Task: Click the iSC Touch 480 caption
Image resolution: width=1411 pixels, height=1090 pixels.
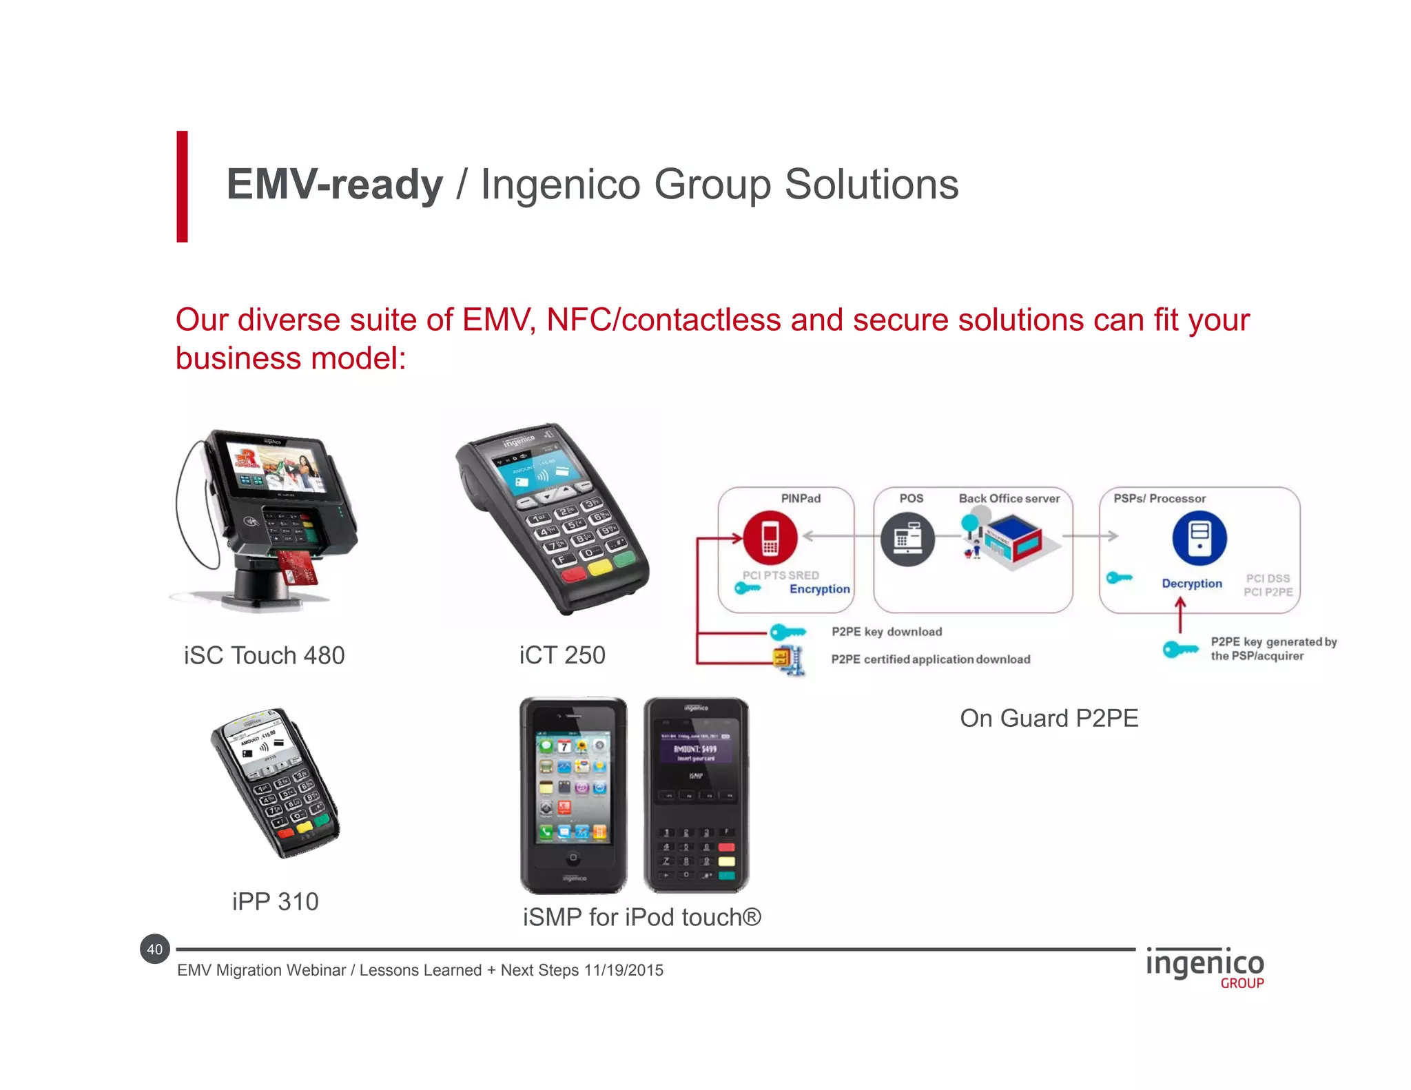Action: (264, 655)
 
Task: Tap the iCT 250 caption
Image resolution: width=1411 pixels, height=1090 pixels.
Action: (562, 655)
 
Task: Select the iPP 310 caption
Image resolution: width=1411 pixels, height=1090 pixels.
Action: (275, 901)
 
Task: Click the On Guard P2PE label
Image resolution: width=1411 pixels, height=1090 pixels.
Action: (1049, 718)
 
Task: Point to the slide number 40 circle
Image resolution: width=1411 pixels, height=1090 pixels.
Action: (155, 949)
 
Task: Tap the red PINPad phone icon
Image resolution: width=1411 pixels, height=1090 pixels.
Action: (770, 538)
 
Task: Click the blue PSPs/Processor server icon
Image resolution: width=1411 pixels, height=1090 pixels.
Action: (1199, 538)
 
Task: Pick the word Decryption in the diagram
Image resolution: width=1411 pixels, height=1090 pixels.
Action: (1192, 584)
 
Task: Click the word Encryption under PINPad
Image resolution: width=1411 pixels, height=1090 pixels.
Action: (819, 589)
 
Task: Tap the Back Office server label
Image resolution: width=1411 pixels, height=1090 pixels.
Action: (1009, 498)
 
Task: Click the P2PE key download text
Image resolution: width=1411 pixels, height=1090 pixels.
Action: (887, 632)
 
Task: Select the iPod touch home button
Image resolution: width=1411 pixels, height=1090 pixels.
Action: (573, 858)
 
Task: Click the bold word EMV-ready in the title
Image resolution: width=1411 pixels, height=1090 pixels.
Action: (335, 185)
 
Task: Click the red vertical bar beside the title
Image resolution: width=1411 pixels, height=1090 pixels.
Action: (182, 186)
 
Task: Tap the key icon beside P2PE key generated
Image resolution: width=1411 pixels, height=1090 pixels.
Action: (1180, 649)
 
